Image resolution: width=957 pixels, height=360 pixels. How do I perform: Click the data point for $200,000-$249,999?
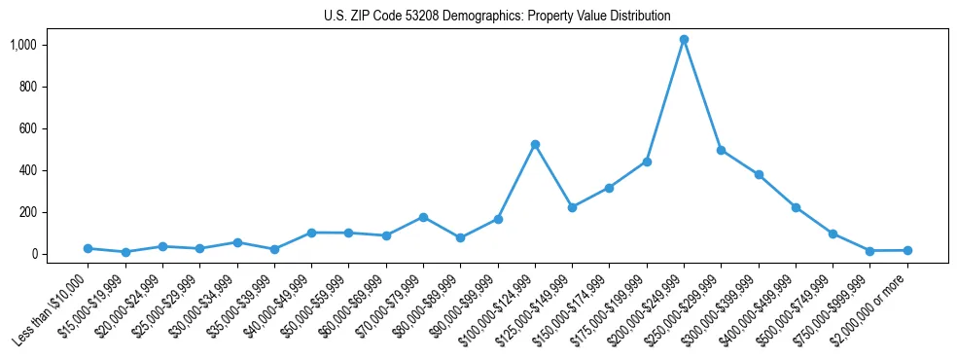[684, 40]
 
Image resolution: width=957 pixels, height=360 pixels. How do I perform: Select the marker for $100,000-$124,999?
[535, 144]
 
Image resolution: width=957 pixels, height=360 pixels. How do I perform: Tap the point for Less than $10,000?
[88, 249]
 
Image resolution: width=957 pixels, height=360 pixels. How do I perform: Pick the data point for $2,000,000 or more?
[907, 251]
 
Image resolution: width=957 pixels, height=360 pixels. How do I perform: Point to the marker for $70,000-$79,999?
[423, 217]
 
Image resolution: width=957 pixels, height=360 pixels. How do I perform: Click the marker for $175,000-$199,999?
[647, 162]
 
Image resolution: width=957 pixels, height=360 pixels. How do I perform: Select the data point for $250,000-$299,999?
[722, 150]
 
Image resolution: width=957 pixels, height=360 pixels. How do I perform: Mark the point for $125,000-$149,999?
[572, 207]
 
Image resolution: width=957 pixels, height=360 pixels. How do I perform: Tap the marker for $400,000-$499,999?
[796, 207]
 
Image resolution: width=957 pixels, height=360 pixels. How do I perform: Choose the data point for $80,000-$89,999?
[460, 237]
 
